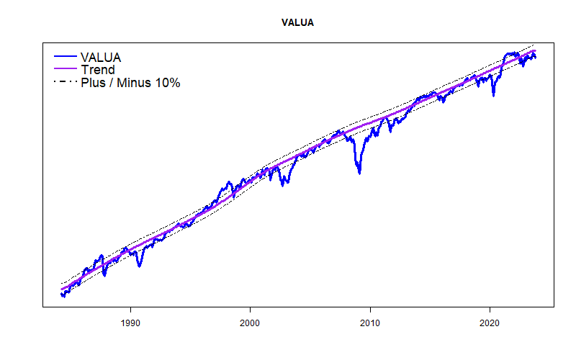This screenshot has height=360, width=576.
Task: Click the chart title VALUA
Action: click(x=297, y=22)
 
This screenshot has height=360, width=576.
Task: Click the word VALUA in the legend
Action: click(x=101, y=57)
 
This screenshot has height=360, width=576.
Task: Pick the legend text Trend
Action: click(x=97, y=70)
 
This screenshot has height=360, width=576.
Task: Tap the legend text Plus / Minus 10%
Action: click(x=130, y=83)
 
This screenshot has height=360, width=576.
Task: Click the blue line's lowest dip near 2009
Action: click(x=359, y=173)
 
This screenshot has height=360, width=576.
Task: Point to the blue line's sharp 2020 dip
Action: click(x=493, y=95)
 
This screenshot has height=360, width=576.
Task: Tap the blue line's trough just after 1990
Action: click(x=140, y=266)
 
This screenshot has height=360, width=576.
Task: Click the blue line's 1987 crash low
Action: click(x=104, y=275)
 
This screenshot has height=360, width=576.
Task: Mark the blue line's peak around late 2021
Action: click(x=510, y=53)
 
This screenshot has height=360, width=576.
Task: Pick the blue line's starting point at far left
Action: click(x=62, y=294)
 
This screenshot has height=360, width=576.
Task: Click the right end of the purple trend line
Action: click(x=535, y=51)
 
